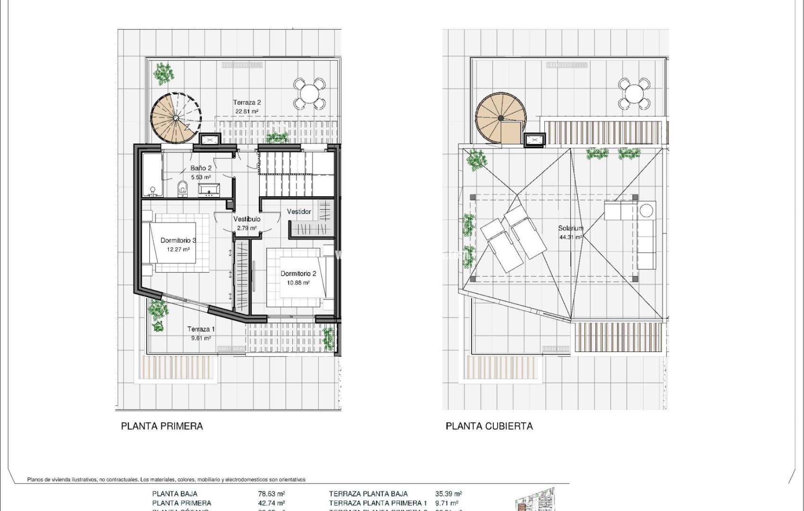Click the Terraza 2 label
[246, 103]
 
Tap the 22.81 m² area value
[246, 112]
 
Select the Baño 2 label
[201, 168]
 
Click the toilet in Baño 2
[183, 189]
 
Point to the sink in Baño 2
[208, 190]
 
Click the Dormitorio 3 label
[178, 240]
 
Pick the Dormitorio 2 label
[298, 273]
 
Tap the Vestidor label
[299, 211]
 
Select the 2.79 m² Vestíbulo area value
[246, 228]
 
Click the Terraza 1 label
[201, 329]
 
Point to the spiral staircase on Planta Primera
[176, 117]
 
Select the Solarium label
[570, 228]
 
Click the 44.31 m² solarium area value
[570, 238]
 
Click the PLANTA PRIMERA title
[162, 426]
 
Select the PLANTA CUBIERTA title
[489, 426]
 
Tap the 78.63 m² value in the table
[271, 493]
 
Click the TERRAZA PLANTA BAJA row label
[368, 493]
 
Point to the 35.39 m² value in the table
[448, 493]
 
